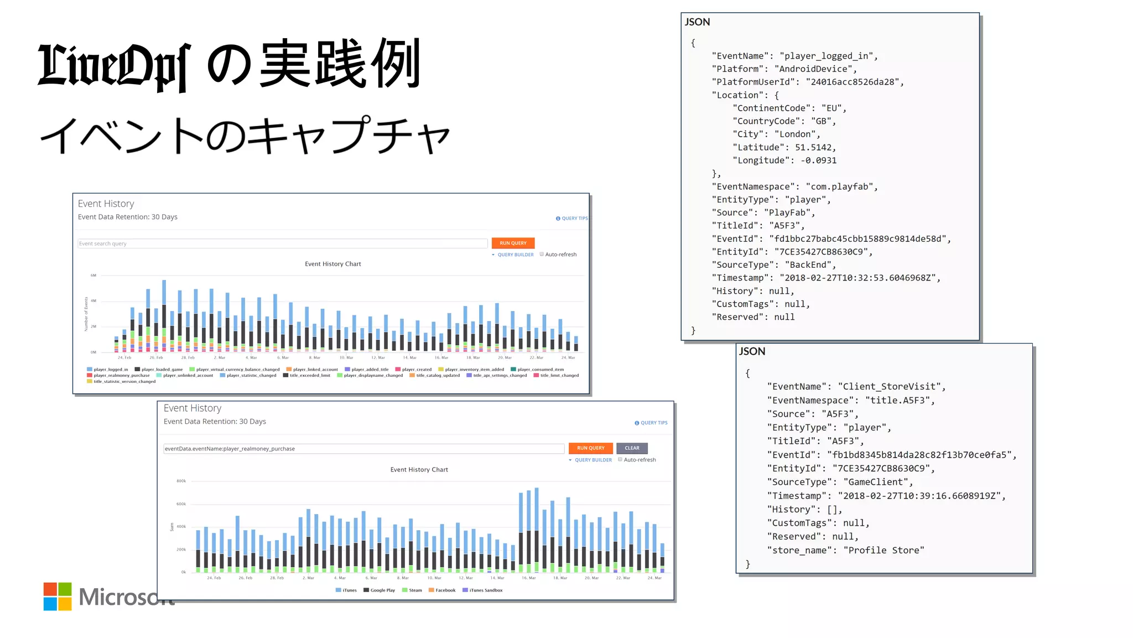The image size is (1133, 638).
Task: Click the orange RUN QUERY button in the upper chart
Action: click(513, 243)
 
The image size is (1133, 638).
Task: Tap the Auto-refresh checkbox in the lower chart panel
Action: click(620, 459)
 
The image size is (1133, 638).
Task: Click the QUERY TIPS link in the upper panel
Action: click(572, 219)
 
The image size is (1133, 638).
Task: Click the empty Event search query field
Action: click(282, 243)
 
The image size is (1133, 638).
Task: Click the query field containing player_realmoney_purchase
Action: click(363, 449)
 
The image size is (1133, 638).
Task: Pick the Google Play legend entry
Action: click(380, 590)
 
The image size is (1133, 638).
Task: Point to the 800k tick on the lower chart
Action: click(181, 481)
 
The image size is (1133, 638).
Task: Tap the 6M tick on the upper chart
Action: click(93, 275)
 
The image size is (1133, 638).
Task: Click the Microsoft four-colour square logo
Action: click(58, 596)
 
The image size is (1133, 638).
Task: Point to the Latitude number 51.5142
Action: click(813, 148)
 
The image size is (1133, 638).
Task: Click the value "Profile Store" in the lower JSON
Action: click(883, 551)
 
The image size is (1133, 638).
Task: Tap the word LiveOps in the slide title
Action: click(115, 65)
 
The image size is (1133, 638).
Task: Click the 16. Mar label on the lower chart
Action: click(528, 578)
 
